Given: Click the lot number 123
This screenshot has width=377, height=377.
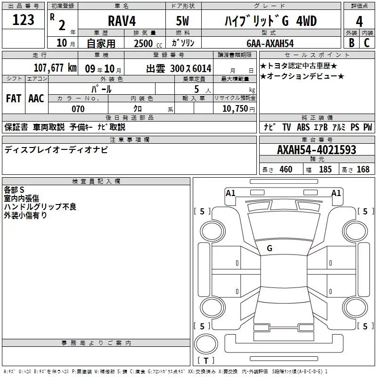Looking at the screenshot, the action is pyautogui.click(x=23, y=20).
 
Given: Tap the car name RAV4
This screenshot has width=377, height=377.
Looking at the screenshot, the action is pyautogui.click(x=122, y=21).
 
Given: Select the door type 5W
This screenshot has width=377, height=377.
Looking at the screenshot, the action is pyautogui.click(x=182, y=21).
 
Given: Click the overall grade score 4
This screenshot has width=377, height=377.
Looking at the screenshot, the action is pyautogui.click(x=359, y=22).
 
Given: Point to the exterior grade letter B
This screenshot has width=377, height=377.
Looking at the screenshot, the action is pyautogui.click(x=352, y=43).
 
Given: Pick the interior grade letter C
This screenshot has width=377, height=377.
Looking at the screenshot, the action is pyautogui.click(x=367, y=43).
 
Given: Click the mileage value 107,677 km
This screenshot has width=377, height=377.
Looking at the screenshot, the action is pyautogui.click(x=55, y=68).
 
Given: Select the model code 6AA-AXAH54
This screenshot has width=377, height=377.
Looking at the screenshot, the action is pyautogui.click(x=270, y=43).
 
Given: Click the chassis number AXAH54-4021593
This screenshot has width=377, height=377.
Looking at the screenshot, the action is pyautogui.click(x=317, y=150).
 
